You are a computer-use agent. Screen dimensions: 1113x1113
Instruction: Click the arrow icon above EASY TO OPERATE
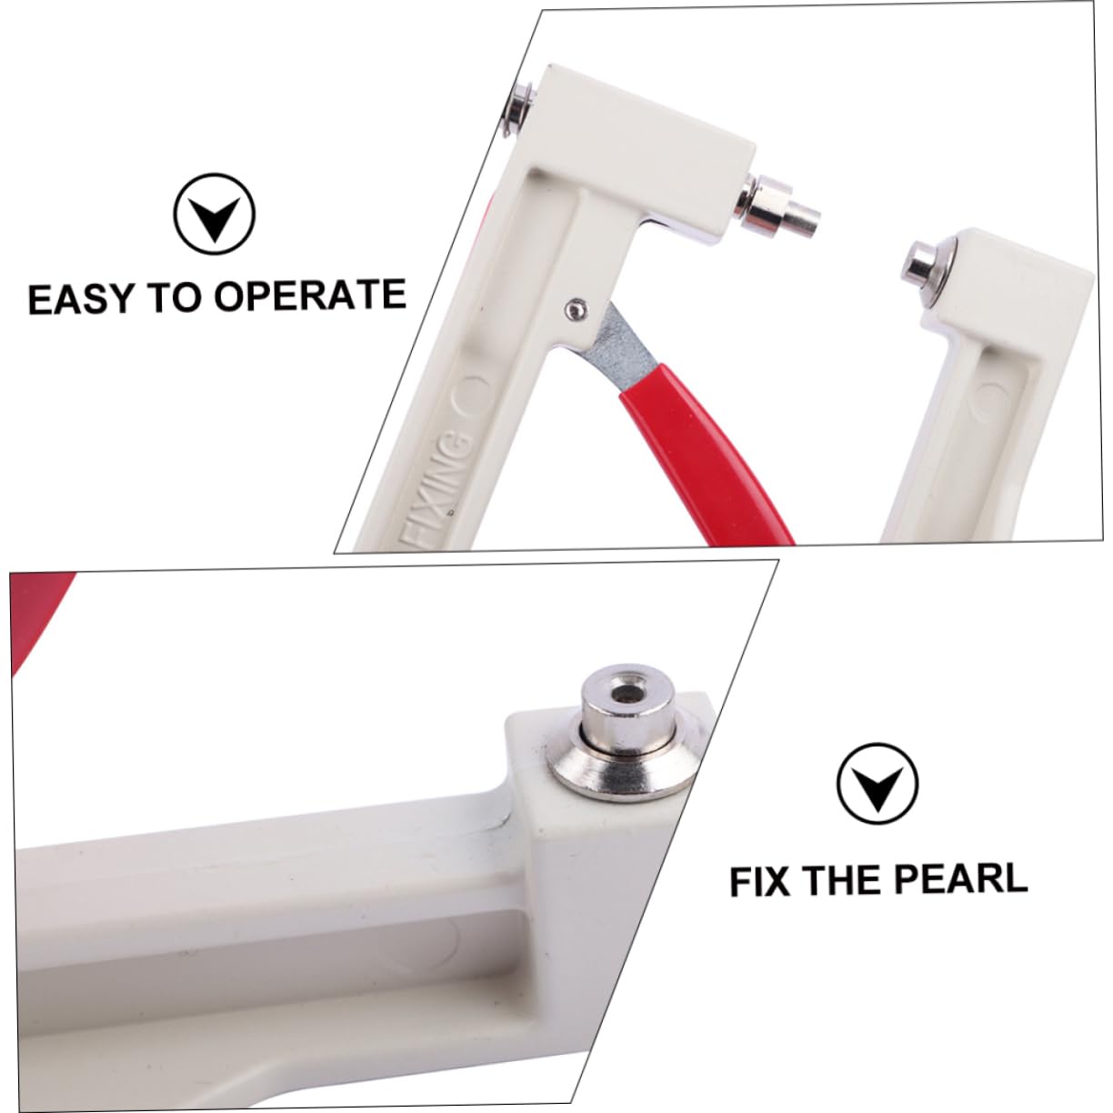pos(215,214)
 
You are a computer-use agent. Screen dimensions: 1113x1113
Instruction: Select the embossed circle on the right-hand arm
pos(987,401)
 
